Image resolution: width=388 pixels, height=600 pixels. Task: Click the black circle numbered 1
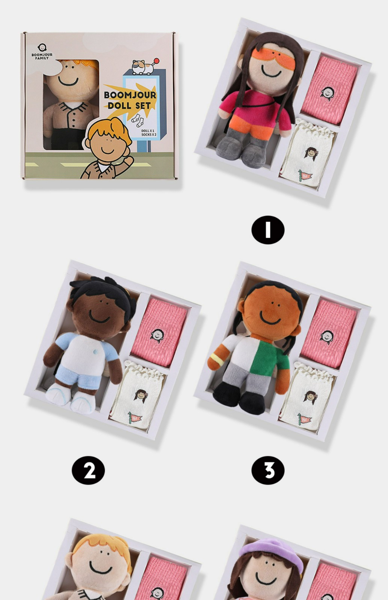click(268, 230)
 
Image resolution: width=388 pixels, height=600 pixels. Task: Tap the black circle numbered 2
click(88, 470)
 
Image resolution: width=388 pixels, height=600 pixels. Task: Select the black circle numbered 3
click(268, 470)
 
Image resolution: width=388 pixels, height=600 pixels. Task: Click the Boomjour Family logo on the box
click(42, 51)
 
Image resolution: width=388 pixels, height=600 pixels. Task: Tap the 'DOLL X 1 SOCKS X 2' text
click(149, 133)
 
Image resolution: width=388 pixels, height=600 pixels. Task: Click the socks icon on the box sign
click(137, 120)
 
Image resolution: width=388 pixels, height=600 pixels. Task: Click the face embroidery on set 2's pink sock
click(157, 336)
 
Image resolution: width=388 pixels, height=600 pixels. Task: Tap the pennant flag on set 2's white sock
click(135, 418)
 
